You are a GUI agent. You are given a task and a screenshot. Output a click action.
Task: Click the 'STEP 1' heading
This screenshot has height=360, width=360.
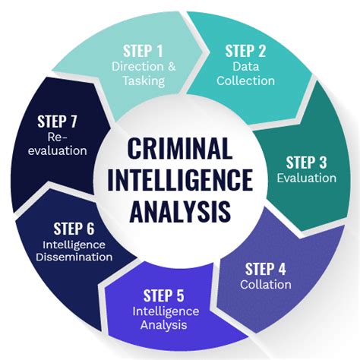(x=143, y=51)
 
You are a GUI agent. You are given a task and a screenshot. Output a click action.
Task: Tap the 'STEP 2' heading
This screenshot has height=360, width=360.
(x=245, y=51)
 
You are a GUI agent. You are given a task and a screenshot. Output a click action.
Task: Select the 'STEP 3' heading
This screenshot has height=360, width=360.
(x=306, y=163)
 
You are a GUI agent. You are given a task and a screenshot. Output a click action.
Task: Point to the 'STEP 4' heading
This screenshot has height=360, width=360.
(x=266, y=269)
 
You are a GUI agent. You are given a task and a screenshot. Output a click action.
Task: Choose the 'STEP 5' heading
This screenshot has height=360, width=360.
(x=164, y=295)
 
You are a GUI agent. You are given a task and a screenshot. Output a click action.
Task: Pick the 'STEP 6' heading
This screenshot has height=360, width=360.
(x=74, y=229)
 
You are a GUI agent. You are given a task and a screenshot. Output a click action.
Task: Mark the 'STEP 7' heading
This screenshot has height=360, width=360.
(x=57, y=122)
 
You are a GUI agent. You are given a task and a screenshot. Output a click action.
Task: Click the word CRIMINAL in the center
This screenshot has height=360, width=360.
(x=180, y=148)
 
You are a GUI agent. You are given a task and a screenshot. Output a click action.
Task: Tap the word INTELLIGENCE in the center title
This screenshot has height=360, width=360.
(x=180, y=180)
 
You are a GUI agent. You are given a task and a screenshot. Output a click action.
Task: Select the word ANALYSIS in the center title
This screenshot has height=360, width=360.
(x=180, y=211)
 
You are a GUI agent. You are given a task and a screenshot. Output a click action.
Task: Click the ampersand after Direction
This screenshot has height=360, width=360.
(x=172, y=67)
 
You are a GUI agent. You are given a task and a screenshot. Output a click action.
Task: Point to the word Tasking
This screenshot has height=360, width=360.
(x=144, y=81)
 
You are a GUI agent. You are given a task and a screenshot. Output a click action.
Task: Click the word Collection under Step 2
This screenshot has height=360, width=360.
(x=245, y=81)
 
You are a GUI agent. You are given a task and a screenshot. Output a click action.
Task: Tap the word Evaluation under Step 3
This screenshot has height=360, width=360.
(x=307, y=178)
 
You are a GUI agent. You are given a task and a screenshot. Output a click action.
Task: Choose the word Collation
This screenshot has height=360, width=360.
(x=266, y=285)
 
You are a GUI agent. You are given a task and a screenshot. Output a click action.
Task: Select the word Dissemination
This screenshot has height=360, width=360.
(x=74, y=257)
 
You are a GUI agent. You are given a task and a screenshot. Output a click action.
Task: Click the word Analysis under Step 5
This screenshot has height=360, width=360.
(x=164, y=325)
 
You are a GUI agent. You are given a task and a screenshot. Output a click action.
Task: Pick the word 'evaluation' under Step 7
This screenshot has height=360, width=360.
(x=58, y=151)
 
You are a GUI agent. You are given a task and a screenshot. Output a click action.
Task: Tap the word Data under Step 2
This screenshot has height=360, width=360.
(x=246, y=67)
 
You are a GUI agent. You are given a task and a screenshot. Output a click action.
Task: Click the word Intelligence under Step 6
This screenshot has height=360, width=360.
(x=74, y=245)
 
